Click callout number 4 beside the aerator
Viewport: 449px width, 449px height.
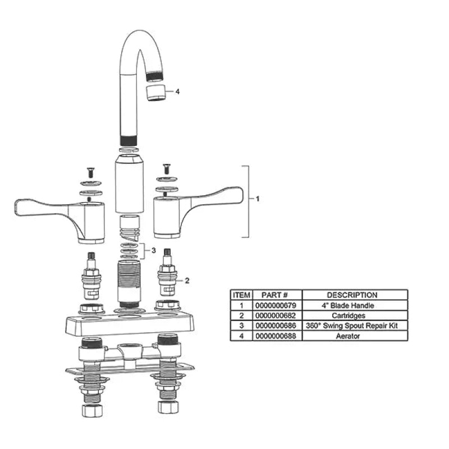tap(177, 91)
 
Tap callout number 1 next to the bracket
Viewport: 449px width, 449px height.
tap(258, 199)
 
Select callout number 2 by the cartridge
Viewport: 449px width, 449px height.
tap(187, 281)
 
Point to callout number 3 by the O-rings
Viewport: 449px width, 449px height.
tap(153, 250)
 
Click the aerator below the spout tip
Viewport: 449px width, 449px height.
tap(155, 93)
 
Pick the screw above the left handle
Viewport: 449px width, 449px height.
tap(91, 172)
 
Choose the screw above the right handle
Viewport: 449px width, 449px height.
tap(167, 169)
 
